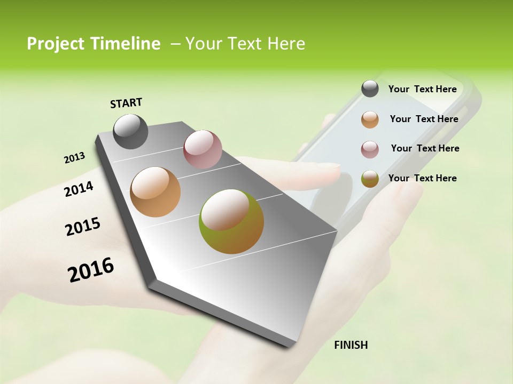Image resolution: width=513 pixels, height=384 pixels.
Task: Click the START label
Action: coord(126,103)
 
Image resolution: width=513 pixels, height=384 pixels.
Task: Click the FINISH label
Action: coord(351,345)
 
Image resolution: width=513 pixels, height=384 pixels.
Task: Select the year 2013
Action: coord(74,158)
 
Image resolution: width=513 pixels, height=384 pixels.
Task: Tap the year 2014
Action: coord(79,189)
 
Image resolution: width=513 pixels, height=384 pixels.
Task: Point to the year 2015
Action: coord(82,227)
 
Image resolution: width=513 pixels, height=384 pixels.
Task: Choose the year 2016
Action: coord(91,270)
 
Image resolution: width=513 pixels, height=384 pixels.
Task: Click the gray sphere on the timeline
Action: coord(130,131)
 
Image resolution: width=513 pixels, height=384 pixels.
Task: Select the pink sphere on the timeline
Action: coord(203,149)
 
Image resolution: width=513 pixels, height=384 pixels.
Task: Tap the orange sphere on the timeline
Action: coord(155,192)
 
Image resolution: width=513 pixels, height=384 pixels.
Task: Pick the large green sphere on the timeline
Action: coord(231,221)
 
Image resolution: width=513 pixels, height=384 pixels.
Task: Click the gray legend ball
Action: coord(370,89)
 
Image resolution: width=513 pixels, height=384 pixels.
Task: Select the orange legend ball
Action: coord(370,119)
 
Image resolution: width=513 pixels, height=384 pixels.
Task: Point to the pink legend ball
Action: coord(370,149)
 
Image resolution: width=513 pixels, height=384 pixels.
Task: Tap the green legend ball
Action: coord(370,179)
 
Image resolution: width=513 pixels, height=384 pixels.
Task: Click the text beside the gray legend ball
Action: coord(422,89)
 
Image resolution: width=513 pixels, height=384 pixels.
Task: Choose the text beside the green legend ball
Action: coord(422,178)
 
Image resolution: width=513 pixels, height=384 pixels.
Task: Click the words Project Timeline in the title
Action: coord(94,44)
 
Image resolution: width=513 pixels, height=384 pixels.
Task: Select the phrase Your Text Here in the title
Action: coord(245,44)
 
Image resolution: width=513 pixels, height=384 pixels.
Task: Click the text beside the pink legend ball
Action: coord(425,148)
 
